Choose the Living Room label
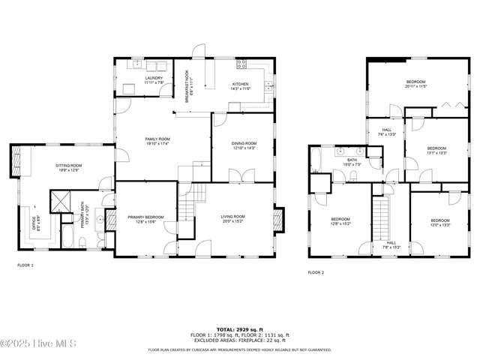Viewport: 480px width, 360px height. tap(232, 219)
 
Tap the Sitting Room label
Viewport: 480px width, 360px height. tap(68, 168)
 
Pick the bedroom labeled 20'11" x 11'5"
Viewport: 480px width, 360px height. tap(416, 84)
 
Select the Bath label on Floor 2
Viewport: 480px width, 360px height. tap(352, 162)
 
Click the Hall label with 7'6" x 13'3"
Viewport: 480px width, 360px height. tap(387, 133)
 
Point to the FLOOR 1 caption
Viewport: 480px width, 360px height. tap(25, 265)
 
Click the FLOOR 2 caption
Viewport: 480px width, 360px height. tap(316, 272)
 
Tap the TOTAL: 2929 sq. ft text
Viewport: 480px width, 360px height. tap(239, 330)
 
